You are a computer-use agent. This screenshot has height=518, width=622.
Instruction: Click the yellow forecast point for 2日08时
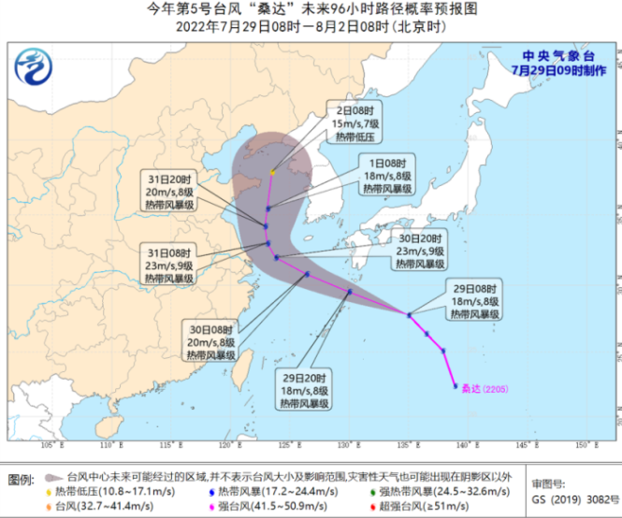point(273,172)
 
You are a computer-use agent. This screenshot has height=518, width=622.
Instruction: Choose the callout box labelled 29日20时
point(304,389)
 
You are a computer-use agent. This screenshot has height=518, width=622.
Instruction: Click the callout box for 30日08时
point(210,341)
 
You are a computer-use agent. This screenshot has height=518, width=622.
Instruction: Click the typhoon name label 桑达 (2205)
point(485,387)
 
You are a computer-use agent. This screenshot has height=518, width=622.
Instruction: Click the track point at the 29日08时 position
point(409,315)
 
